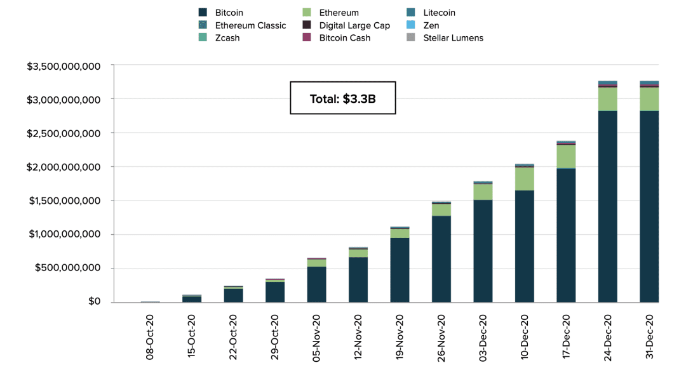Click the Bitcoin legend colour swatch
[203, 12]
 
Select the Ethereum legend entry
[331, 13]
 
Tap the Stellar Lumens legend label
[454, 37]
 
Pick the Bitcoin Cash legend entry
[337, 37]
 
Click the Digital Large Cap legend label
[354, 25]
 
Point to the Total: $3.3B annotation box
[343, 98]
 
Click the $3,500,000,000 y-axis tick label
[64, 67]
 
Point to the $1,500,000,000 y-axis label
[64, 201]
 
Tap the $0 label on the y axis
[95, 301]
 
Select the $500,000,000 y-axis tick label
[68, 268]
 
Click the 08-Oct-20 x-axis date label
[150, 337]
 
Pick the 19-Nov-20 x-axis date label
[400, 337]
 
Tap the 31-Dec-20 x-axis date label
[649, 337]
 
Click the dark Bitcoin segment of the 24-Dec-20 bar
[608, 206]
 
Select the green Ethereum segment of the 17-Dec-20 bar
[566, 157]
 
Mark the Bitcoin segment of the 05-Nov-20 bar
[316, 284]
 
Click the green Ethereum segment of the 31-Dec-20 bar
[649, 99]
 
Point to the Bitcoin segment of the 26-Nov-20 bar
[441, 259]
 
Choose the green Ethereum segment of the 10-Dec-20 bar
[525, 179]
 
